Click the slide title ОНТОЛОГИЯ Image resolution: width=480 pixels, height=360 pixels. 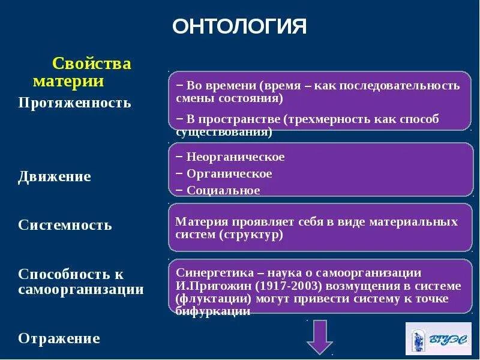[x=239, y=26]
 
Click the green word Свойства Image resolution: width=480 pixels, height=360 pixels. [x=92, y=64]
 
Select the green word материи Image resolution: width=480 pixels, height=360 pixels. [x=68, y=81]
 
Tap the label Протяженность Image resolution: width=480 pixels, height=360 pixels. [x=74, y=103]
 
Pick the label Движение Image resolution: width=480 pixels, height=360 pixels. [x=55, y=177]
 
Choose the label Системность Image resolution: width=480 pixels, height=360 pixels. [x=65, y=226]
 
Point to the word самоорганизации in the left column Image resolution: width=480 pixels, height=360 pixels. [x=81, y=290]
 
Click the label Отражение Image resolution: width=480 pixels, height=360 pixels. [x=59, y=338]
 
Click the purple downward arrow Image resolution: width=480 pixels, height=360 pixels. [x=319, y=337]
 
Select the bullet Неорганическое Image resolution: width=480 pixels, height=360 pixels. [x=235, y=157]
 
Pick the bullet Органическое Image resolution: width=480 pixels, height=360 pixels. [x=229, y=174]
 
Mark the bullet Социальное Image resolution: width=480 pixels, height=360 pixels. [x=223, y=191]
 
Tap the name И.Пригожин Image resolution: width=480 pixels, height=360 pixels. [x=205, y=286]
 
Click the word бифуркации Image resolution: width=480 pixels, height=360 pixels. [x=213, y=311]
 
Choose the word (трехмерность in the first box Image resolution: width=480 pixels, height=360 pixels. [x=319, y=119]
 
